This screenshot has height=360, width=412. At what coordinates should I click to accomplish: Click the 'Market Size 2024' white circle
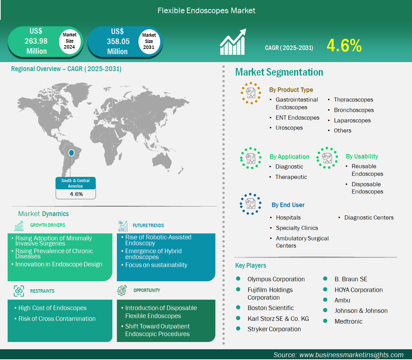[x=69, y=41]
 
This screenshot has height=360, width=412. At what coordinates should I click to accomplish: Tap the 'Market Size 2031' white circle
[x=149, y=41]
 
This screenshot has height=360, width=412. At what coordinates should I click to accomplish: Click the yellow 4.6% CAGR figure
[x=344, y=46]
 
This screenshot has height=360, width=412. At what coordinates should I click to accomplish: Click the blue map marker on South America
[x=71, y=153]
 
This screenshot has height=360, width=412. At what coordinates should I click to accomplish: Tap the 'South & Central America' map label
[x=75, y=183]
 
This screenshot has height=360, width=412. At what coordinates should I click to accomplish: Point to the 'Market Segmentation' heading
[x=279, y=72]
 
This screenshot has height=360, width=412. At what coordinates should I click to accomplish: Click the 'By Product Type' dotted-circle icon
[x=251, y=93]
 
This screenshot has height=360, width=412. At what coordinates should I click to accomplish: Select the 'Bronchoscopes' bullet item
[x=354, y=110]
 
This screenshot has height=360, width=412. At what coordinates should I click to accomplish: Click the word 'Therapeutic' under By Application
[x=291, y=177]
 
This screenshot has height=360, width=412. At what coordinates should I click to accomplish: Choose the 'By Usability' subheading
[x=362, y=156]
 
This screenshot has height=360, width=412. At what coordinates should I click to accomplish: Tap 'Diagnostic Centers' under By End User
[x=369, y=217]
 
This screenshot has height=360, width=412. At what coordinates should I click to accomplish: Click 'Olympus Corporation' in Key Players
[x=276, y=279]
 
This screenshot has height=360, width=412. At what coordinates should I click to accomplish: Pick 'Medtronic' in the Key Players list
[x=348, y=322]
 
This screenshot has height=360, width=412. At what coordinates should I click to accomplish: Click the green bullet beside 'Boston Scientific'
[x=238, y=308]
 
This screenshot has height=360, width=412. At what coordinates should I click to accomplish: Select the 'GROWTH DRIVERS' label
[x=48, y=225]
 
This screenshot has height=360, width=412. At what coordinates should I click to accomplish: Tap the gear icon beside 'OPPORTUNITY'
[x=122, y=290]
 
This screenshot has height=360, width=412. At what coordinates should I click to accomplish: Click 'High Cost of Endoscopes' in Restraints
[x=52, y=308]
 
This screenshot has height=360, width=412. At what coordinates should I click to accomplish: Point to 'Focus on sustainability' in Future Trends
[x=156, y=265]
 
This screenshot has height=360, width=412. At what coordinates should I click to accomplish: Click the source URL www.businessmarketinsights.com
[x=351, y=355]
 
